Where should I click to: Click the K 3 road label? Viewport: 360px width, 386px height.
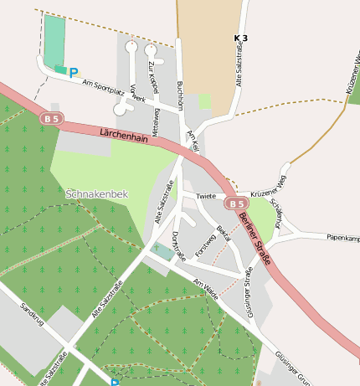(x=241, y=39)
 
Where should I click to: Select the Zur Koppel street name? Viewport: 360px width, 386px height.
(x=153, y=77)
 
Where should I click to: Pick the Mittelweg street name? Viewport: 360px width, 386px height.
(x=155, y=122)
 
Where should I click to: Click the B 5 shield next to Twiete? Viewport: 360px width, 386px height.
(x=235, y=203)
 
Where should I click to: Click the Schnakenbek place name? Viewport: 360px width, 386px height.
(x=97, y=194)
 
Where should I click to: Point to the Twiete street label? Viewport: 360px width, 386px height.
(x=206, y=197)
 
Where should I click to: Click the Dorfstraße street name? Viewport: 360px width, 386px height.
(x=177, y=244)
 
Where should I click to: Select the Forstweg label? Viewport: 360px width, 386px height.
(x=204, y=244)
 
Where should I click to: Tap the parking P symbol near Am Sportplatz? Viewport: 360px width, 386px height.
(x=74, y=74)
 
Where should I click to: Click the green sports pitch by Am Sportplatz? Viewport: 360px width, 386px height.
(x=54, y=39)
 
